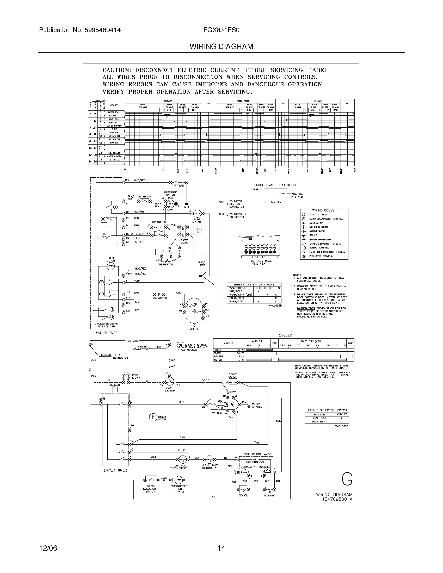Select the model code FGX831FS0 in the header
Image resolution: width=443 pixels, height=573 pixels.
pyautogui.click(x=221, y=30)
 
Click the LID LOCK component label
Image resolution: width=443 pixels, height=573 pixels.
pyautogui.click(x=178, y=186)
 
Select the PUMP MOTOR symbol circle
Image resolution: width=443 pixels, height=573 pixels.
pyautogui.click(x=197, y=213)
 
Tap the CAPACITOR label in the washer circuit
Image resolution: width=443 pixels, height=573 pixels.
pyautogui.click(x=160, y=298)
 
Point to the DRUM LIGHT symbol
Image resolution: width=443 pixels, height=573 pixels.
pyautogui.click(x=126, y=377)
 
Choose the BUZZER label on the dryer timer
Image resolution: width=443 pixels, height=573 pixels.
pyautogui.click(x=115, y=385)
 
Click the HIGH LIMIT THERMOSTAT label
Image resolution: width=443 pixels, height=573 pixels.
pyautogui.click(x=210, y=466)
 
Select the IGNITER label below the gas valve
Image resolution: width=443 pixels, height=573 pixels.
pyautogui.click(x=269, y=496)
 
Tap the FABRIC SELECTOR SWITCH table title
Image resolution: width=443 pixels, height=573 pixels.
pyautogui.click(x=327, y=410)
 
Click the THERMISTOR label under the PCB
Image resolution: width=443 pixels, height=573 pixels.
pyautogui.click(x=165, y=264)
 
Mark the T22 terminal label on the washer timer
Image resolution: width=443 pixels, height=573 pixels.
pyautogui.click(x=127, y=180)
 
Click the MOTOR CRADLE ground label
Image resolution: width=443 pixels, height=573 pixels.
pyautogui.click(x=257, y=405)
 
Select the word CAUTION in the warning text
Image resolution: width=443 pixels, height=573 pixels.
pyautogui.click(x=116, y=70)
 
